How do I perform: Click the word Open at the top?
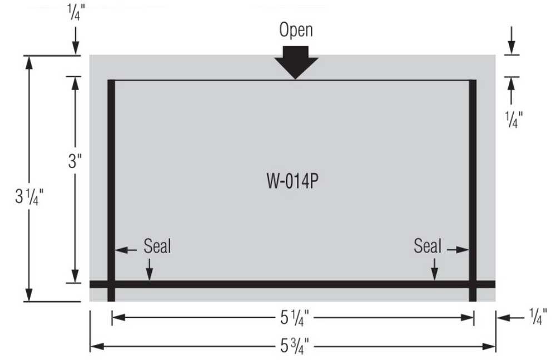[x=296, y=30]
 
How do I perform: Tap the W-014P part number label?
[x=292, y=183]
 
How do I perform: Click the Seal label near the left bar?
[x=157, y=246]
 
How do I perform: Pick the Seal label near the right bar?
[x=427, y=246]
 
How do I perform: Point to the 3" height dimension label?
[x=75, y=162]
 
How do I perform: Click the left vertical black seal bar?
[x=111, y=178]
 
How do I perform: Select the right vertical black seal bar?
[x=473, y=178]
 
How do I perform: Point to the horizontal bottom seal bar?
[x=292, y=284]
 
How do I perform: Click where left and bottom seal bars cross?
[x=111, y=284]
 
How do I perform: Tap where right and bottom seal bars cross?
[x=473, y=284]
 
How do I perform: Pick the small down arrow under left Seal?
[x=148, y=270]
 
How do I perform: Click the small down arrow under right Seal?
[x=435, y=270]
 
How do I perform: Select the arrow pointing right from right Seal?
[x=457, y=250]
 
